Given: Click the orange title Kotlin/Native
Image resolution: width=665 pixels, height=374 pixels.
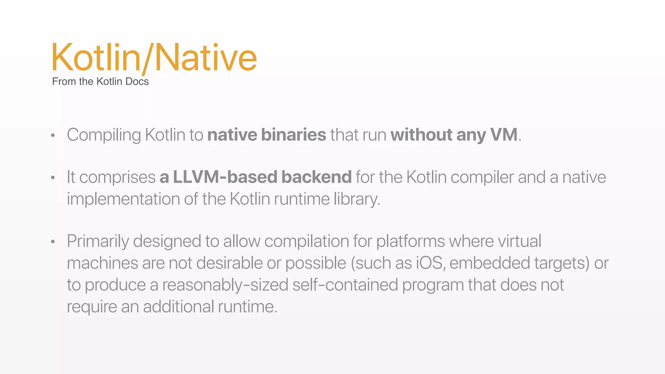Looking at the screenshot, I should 154,58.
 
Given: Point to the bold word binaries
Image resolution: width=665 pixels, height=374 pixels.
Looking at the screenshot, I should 294,135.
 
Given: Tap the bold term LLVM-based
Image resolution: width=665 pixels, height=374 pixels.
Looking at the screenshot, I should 225,177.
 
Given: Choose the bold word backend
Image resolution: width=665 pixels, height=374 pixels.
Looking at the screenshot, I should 317,177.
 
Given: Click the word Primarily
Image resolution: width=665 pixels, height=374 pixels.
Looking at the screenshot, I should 98,242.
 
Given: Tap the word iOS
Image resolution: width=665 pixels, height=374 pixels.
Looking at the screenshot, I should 429,263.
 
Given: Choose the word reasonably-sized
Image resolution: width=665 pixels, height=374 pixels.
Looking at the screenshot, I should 225,285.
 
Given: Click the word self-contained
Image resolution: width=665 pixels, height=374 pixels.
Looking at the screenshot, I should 345,285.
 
